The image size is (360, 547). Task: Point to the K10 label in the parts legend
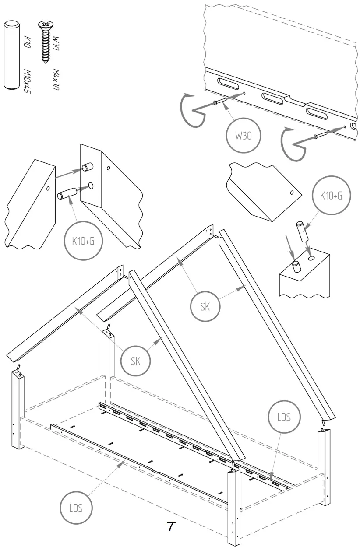(25, 44)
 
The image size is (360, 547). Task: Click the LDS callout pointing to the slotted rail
(284, 418)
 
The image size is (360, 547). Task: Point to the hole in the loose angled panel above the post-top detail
(291, 193)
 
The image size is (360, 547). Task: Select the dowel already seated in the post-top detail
(296, 266)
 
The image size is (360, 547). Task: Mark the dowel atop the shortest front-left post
(19, 366)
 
